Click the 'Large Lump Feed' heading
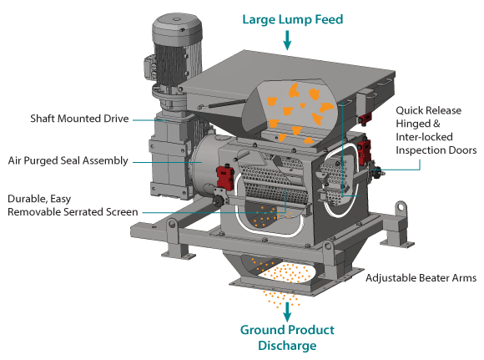[x=293, y=19]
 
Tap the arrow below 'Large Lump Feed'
[x=287, y=40]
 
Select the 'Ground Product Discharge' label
[x=287, y=337]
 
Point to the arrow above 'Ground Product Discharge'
[x=287, y=312]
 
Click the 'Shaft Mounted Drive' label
[x=79, y=119]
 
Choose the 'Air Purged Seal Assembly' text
[x=68, y=160]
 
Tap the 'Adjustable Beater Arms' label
[x=421, y=278]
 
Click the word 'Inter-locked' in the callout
[x=424, y=137]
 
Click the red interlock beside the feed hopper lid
[x=364, y=118]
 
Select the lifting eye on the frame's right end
[x=401, y=207]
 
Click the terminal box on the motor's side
[x=149, y=67]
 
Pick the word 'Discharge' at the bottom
[x=287, y=346]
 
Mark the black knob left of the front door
[x=219, y=201]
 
